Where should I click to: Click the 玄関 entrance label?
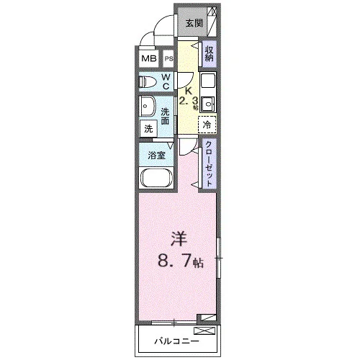(x=194, y=23)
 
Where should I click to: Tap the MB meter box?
(x=149, y=58)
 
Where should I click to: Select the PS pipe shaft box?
(x=168, y=58)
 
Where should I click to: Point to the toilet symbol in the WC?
(x=148, y=82)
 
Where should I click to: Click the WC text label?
(x=166, y=81)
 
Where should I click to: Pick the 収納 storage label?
(x=209, y=54)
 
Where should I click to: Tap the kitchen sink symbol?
(x=208, y=104)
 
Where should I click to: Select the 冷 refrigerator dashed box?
(x=207, y=125)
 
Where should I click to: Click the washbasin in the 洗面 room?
(x=148, y=107)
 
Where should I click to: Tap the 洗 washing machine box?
(x=148, y=129)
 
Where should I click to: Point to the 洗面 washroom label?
(x=165, y=116)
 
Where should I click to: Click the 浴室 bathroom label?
(x=156, y=156)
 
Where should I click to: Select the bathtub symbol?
(x=156, y=178)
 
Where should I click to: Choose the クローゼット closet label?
(x=209, y=164)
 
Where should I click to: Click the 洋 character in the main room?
(x=179, y=239)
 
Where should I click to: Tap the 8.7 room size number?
(x=175, y=261)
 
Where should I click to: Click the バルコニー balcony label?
(x=176, y=341)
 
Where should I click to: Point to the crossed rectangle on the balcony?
(x=204, y=330)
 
